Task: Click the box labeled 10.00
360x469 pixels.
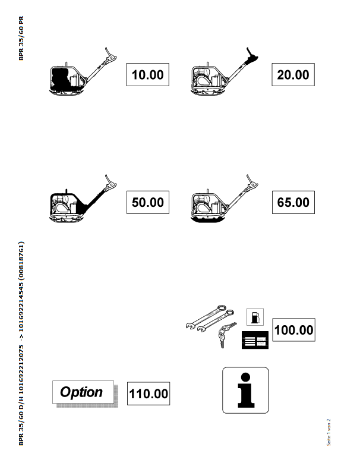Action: coord(148,75)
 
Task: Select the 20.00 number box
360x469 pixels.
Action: coord(293,75)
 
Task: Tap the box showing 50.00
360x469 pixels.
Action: coord(148,202)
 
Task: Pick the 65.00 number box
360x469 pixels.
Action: coord(293,202)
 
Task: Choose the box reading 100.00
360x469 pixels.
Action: coord(293,330)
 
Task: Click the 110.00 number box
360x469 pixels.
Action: coord(149,394)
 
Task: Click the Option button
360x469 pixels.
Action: coord(83,392)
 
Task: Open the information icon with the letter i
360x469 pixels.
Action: coord(245,391)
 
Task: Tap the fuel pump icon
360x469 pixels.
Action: coord(255,317)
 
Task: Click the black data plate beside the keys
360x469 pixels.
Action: coord(255,340)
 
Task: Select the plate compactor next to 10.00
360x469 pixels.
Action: coord(83,72)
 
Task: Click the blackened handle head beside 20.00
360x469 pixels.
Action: coord(251,57)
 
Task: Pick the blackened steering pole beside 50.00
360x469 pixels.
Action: coord(95,200)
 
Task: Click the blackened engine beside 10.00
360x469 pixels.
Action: coord(61,78)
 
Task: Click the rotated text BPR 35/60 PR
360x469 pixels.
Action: coord(21,38)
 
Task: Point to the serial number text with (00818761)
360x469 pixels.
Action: coord(21,344)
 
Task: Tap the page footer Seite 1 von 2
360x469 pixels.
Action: coord(329,432)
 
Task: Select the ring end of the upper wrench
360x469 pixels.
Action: coord(221,309)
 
